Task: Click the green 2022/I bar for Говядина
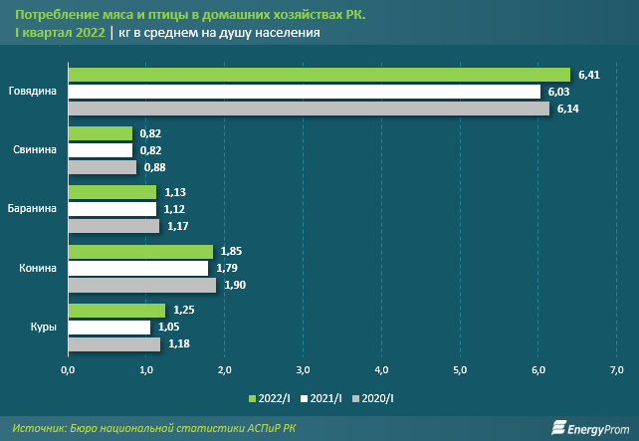point(319,75)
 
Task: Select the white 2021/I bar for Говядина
point(304,92)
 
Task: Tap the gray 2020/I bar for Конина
point(141,285)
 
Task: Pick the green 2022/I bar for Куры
point(116,311)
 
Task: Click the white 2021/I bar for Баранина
point(111,209)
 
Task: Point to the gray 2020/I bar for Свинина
point(102,167)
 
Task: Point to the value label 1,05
point(168,328)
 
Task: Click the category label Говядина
point(34,92)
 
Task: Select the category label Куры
point(44,328)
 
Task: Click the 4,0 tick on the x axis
point(381,370)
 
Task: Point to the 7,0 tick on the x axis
point(616,370)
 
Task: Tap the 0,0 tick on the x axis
point(68,370)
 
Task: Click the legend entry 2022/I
point(273,398)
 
